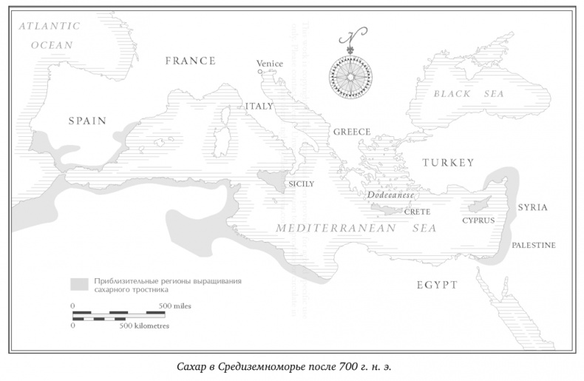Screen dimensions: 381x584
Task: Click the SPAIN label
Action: pyautogui.click(x=88, y=121)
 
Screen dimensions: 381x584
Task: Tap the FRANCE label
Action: pyautogui.click(x=190, y=61)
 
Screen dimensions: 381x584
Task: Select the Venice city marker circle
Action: pyautogui.click(x=259, y=73)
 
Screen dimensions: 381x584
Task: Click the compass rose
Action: pyautogui.click(x=351, y=74)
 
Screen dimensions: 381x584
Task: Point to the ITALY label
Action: pyautogui.click(x=259, y=107)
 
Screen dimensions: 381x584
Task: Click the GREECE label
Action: pyautogui.click(x=351, y=132)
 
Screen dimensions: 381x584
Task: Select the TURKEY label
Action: pyautogui.click(x=448, y=163)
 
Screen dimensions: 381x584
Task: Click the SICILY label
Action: pyautogui.click(x=301, y=183)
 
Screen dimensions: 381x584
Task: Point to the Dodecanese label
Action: pyautogui.click(x=390, y=196)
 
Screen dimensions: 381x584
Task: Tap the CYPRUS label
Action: pyautogui.click(x=478, y=220)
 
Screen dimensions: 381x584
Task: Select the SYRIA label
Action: pyautogui.click(x=532, y=207)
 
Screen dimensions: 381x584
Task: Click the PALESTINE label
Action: pyautogui.click(x=534, y=245)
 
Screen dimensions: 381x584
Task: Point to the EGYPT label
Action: pyautogui.click(x=436, y=285)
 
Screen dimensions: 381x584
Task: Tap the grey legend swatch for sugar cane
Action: pyautogui.click(x=79, y=284)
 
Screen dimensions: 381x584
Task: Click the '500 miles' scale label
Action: pyautogui.click(x=175, y=306)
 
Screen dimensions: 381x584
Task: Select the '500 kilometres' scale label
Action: pyautogui.click(x=145, y=326)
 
